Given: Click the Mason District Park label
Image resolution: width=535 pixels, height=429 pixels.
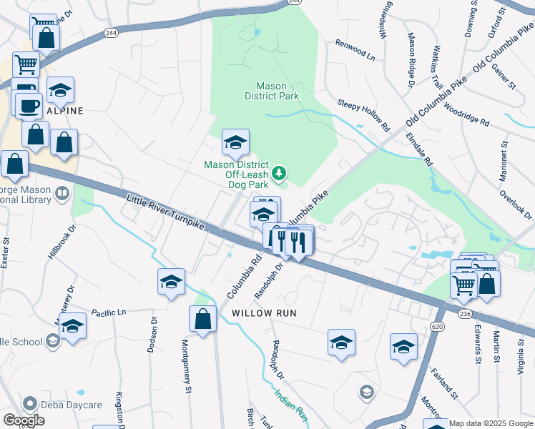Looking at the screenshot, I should click(271, 89).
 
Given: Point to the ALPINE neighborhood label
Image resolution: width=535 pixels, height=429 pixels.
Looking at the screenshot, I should click(65, 111).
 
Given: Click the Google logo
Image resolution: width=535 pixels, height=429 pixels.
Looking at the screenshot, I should click(24, 420).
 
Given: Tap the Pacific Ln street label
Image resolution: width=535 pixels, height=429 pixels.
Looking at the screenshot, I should click(109, 312).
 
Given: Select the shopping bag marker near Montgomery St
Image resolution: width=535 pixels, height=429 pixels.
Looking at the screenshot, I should click(203, 319).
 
